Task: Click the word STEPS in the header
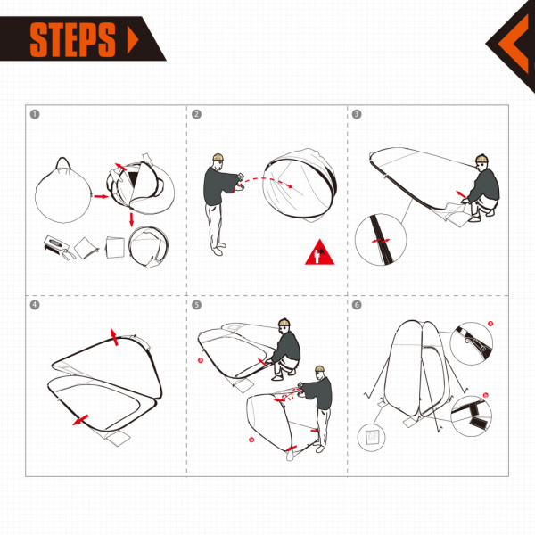point(73,39)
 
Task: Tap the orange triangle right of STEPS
point(134,40)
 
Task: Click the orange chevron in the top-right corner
point(512,40)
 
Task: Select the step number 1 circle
point(35,114)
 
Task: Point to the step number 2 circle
point(196,114)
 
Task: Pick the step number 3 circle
point(357,114)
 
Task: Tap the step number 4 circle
point(35,304)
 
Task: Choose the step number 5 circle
point(196,304)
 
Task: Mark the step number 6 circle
point(357,304)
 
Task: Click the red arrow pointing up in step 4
point(113,334)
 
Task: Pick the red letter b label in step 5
point(251,440)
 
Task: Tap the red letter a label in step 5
point(202,361)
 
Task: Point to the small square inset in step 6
point(370,437)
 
